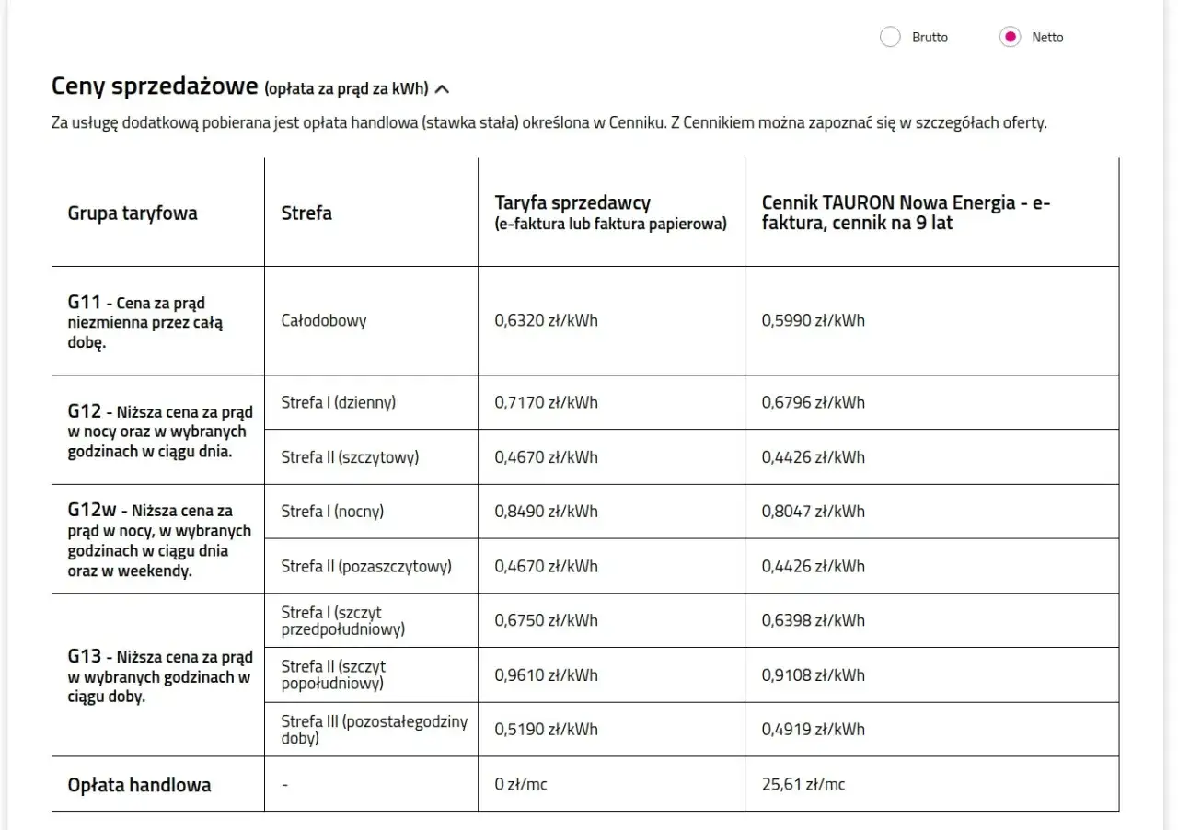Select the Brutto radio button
890,38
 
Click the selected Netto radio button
1010,38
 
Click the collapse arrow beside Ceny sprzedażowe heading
443,89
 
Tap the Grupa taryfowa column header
133,213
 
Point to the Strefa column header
306,213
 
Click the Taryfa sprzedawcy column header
572,202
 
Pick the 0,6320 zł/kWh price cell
546,321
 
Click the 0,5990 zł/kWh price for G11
814,321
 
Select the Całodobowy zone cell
324,321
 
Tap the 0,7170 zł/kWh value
546,402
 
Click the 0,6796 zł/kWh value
814,402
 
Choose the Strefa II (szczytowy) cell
350,457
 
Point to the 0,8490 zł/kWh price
546,512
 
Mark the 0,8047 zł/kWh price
814,512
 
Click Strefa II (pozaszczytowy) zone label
366,567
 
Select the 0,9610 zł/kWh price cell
546,675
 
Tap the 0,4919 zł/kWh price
814,730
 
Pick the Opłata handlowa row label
139,785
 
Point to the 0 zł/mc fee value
521,785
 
